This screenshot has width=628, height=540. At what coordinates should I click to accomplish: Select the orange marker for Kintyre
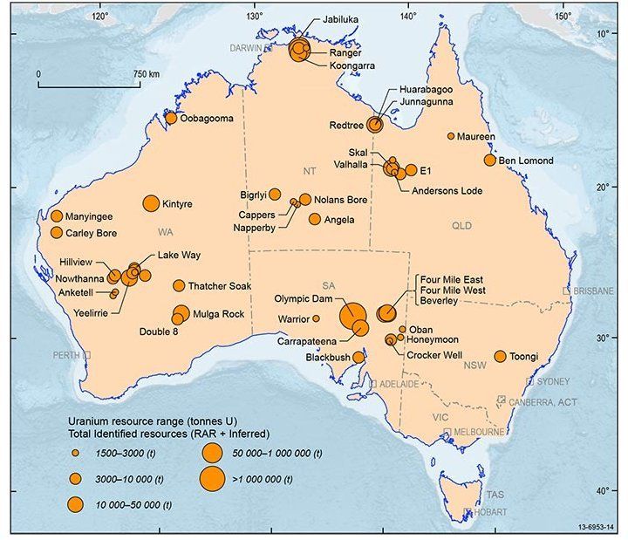(150, 203)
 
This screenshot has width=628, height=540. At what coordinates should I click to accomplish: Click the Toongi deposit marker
(501, 356)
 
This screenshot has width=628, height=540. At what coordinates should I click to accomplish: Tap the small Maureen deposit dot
(451, 136)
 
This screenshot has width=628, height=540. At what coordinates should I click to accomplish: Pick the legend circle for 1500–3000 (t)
(76, 454)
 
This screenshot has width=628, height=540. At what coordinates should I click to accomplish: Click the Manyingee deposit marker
(57, 216)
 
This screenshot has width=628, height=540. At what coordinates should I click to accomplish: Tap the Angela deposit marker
(315, 219)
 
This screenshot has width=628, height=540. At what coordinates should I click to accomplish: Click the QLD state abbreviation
(461, 224)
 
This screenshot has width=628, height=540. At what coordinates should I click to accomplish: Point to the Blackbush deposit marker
(358, 357)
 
